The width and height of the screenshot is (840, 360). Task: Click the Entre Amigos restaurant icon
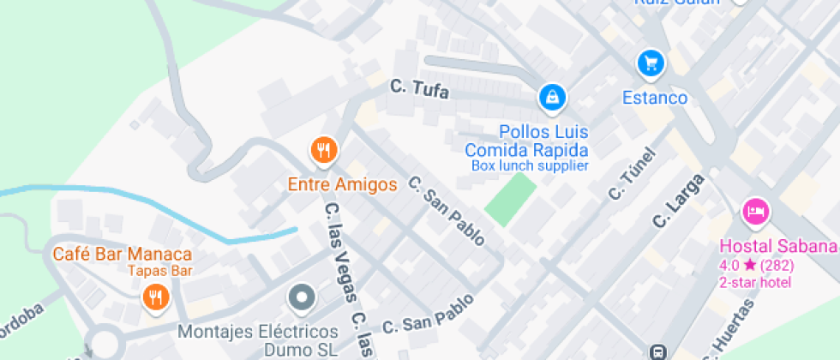pyautogui.click(x=323, y=151)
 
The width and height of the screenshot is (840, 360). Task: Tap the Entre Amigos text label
pyautogui.click(x=342, y=184)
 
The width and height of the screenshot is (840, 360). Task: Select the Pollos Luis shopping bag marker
pyautogui.click(x=552, y=97)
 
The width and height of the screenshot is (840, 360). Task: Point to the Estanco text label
pyautogui.click(x=655, y=98)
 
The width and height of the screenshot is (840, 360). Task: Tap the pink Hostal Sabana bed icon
pyautogui.click(x=755, y=211)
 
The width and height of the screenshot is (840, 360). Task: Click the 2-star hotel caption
pyautogui.click(x=755, y=282)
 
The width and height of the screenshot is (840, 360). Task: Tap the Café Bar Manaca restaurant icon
pyautogui.click(x=155, y=297)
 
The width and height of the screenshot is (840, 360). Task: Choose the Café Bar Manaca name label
pyautogui.click(x=122, y=254)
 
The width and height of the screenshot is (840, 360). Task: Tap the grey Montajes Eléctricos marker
pyautogui.click(x=302, y=298)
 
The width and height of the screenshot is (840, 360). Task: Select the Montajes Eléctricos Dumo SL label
pyautogui.click(x=258, y=339)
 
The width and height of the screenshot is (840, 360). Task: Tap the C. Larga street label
pyautogui.click(x=677, y=201)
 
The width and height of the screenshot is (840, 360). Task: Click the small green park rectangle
pyautogui.click(x=510, y=200)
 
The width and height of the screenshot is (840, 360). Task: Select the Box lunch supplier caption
pyautogui.click(x=530, y=165)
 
